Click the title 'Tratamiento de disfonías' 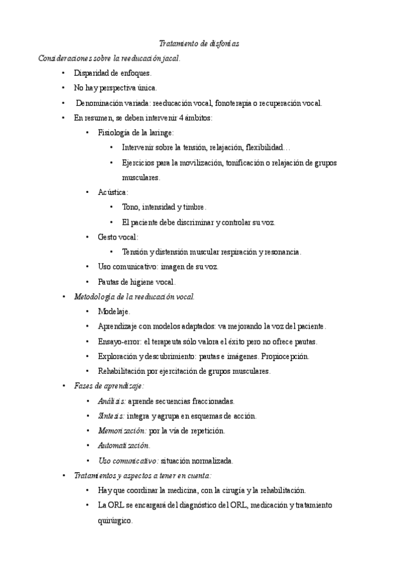pyautogui.click(x=199, y=43)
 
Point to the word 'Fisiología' pyautogui.click(x=114, y=133)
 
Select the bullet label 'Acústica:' pyautogui.click(x=113, y=192)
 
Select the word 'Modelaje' pyautogui.click(x=114, y=311)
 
